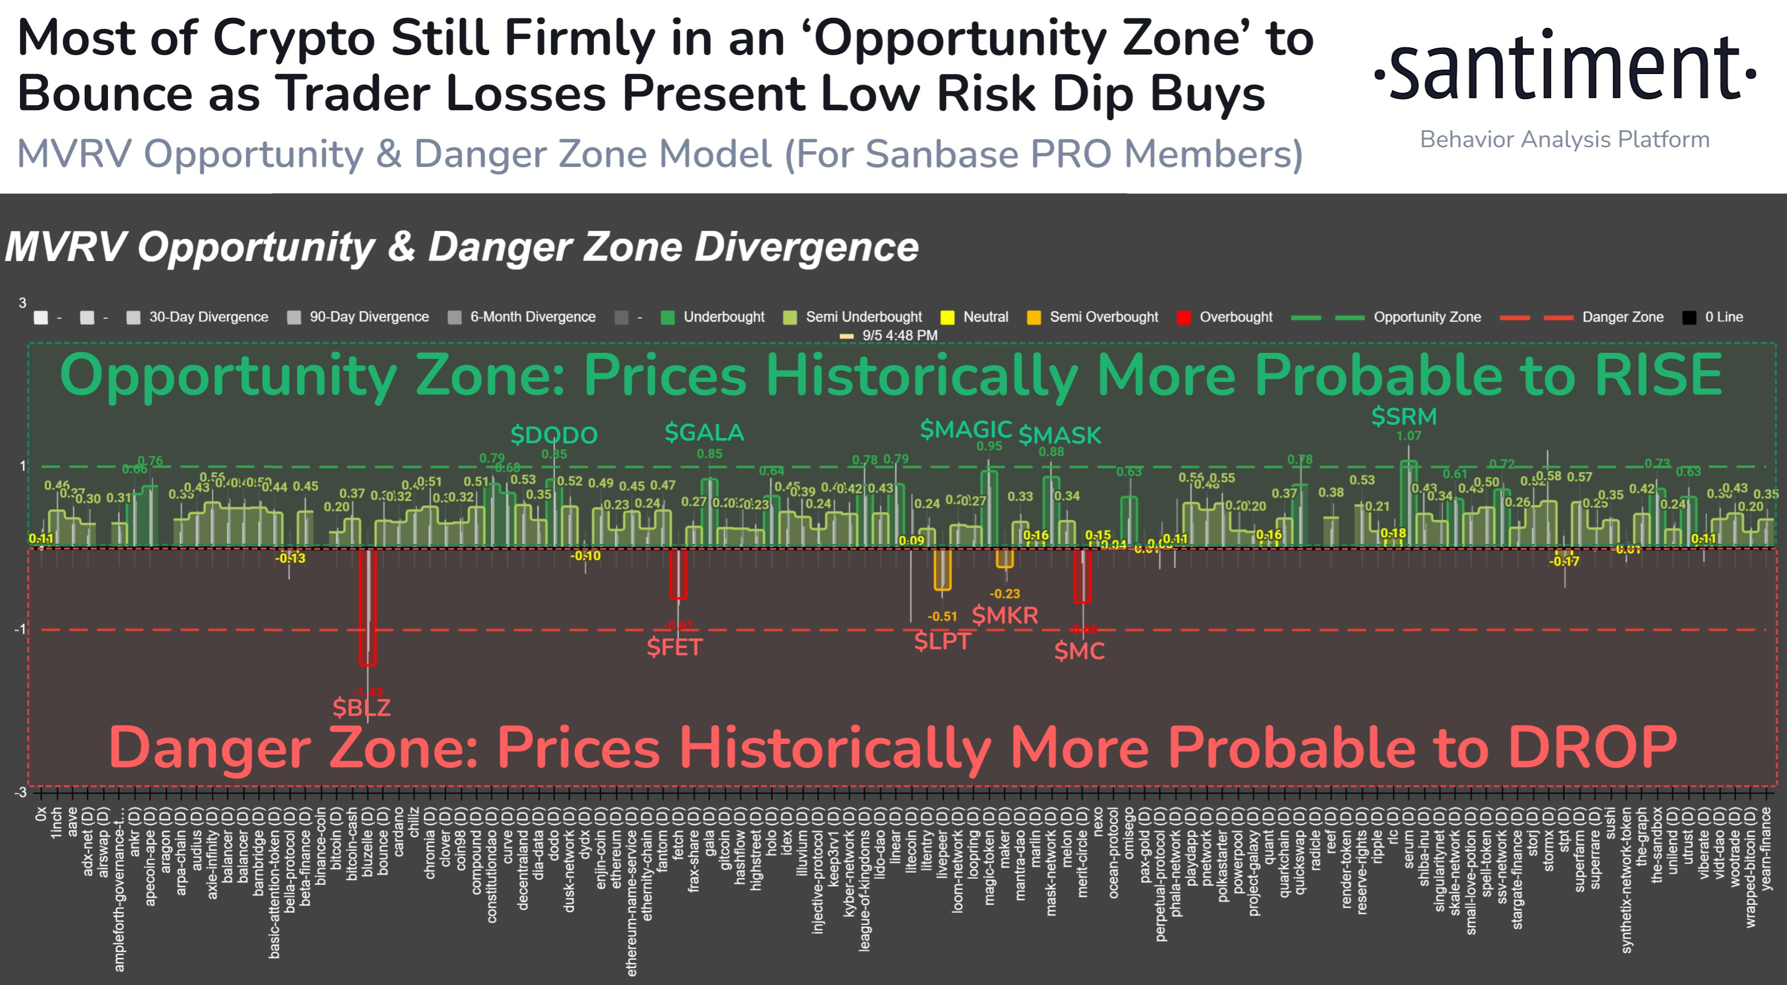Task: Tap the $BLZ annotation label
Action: point(361,707)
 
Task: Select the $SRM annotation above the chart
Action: point(1403,416)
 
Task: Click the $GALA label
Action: point(704,432)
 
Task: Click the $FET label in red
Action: point(674,647)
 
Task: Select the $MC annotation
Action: point(1079,651)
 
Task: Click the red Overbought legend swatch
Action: point(1184,317)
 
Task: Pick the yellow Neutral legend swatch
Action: point(947,317)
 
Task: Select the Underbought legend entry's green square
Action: point(667,317)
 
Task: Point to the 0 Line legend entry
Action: point(1723,317)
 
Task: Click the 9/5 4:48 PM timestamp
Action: point(899,335)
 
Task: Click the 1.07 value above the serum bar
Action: point(1408,436)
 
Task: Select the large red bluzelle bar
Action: point(367,607)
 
